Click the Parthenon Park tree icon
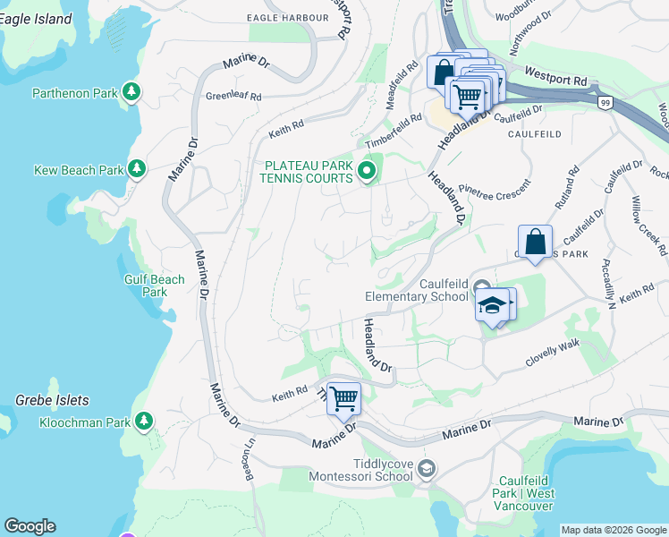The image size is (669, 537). pyautogui.click(x=131, y=91)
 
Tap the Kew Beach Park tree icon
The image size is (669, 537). pyautogui.click(x=137, y=168)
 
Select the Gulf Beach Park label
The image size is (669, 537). pyautogui.click(x=155, y=286)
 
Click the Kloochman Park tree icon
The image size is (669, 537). pyautogui.click(x=142, y=420)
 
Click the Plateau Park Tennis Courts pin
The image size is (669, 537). pyautogui.click(x=366, y=171)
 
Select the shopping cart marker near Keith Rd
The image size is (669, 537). pyautogui.click(x=343, y=398)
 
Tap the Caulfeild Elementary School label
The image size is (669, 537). pyautogui.click(x=416, y=289)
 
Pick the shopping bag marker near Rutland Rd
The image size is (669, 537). pyautogui.click(x=535, y=242)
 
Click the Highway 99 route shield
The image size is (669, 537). pyautogui.click(x=605, y=105)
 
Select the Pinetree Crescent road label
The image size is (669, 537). pyautogui.click(x=494, y=188)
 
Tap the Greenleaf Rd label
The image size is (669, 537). pyautogui.click(x=233, y=96)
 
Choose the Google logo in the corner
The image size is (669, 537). pyautogui.click(x=30, y=526)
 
